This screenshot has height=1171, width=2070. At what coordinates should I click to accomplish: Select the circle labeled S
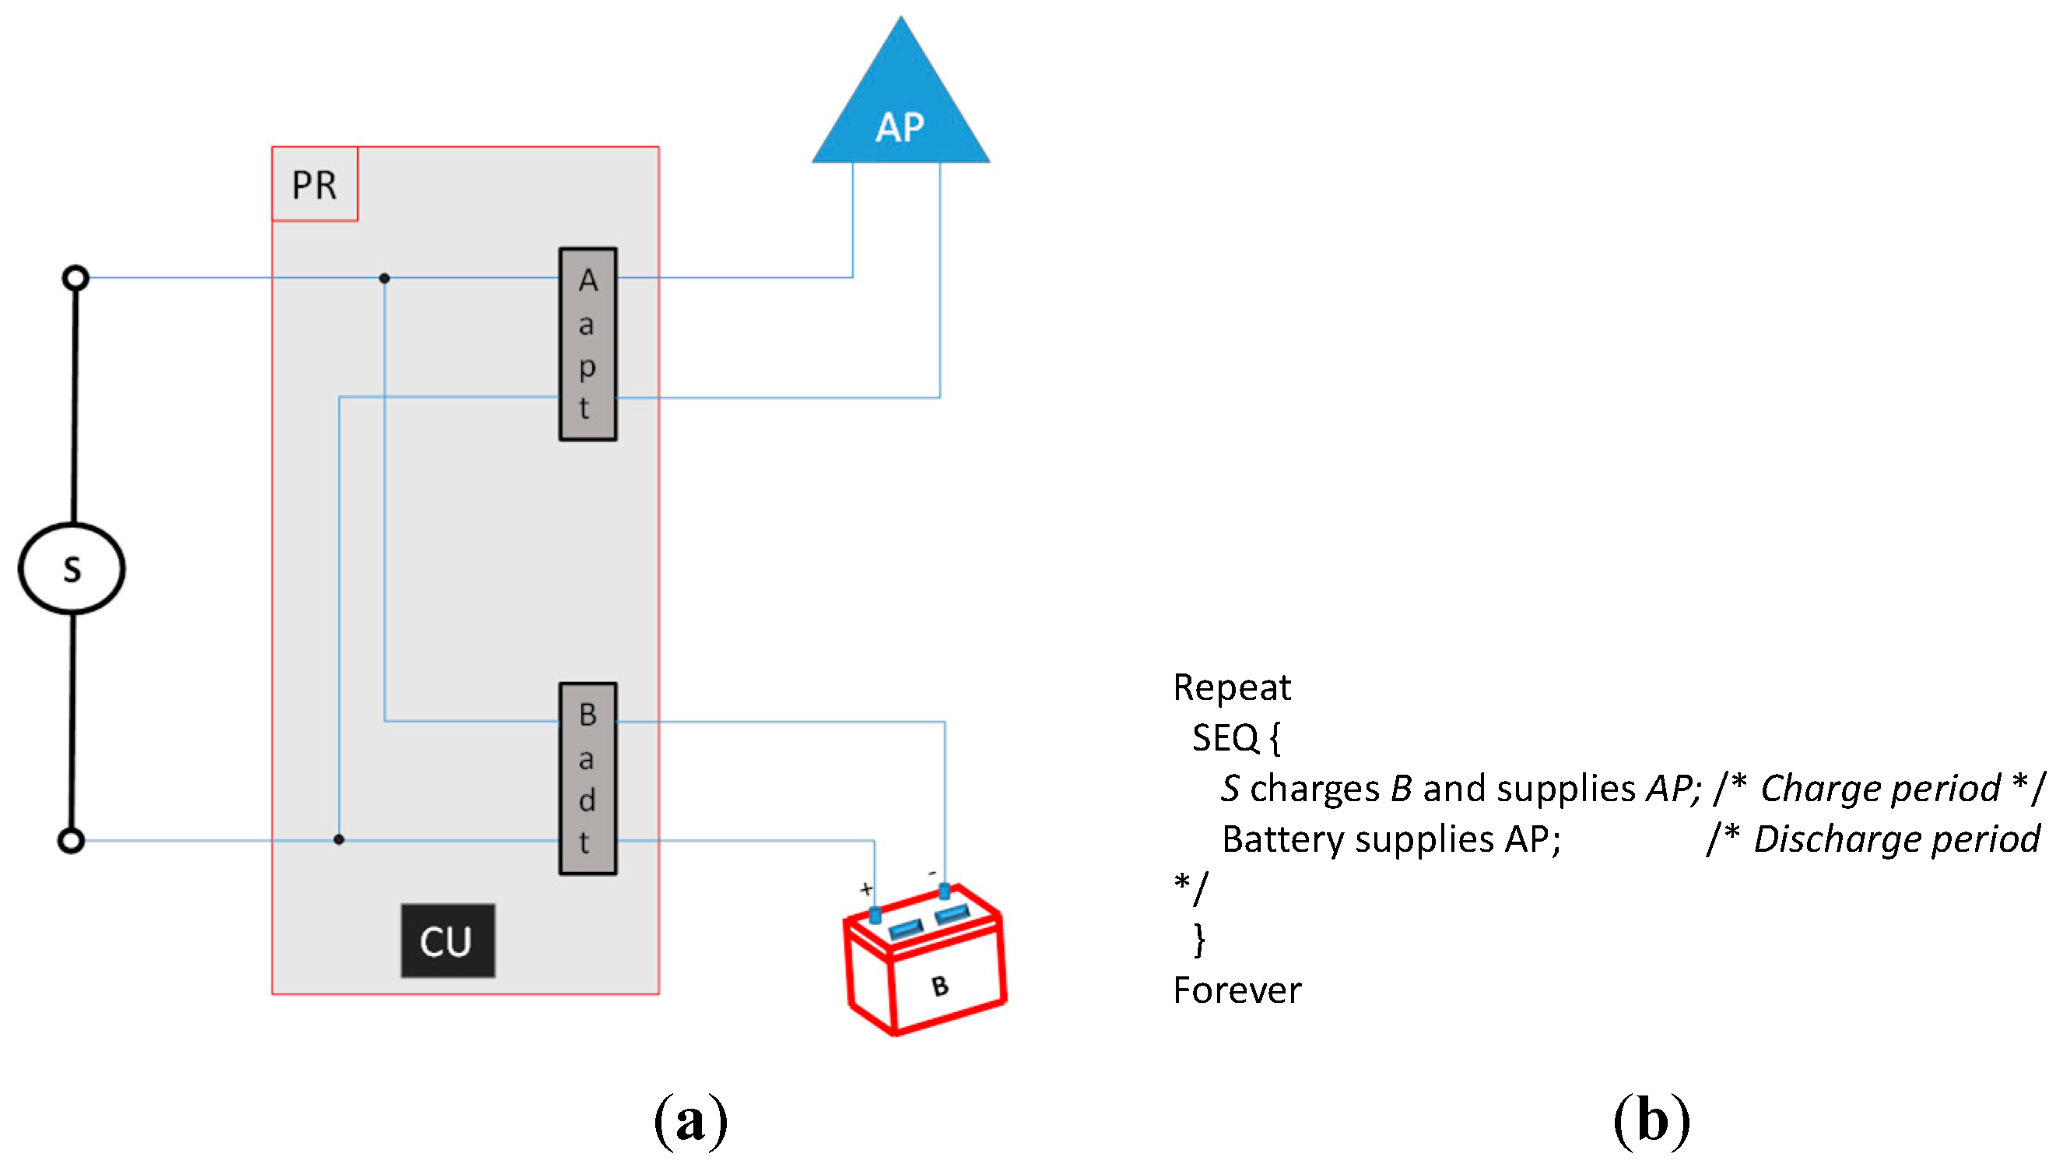click(72, 568)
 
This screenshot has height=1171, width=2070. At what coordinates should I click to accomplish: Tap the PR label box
click(314, 185)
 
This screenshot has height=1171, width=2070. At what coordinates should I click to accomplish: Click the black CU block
click(447, 941)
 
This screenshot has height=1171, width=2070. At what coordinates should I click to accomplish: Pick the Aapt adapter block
click(588, 344)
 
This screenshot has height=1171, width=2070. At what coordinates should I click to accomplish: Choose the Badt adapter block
click(588, 779)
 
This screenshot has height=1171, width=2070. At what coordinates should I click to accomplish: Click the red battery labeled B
click(924, 965)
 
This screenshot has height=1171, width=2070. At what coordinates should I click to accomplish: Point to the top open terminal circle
click(75, 278)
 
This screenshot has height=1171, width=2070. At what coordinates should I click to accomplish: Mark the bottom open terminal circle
click(72, 840)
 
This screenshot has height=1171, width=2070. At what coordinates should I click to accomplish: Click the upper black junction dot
click(384, 278)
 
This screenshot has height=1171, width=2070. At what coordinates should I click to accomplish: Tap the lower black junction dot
click(339, 839)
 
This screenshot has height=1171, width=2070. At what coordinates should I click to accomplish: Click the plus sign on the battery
click(866, 888)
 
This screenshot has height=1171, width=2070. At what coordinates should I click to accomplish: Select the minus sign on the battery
click(932, 873)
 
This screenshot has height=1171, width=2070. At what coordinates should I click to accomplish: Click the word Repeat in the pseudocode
click(1232, 688)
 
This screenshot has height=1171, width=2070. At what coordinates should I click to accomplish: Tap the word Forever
click(1237, 990)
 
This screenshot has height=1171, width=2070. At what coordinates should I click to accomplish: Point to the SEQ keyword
click(1225, 738)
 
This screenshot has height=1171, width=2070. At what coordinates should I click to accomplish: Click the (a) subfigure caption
click(690, 1121)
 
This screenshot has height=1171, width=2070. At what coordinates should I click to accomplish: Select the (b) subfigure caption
click(1651, 1121)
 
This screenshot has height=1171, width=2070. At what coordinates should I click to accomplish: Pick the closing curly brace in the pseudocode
click(1199, 940)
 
